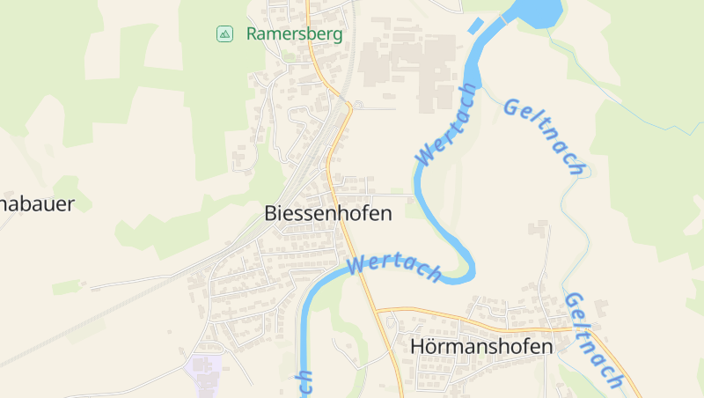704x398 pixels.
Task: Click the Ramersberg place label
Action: [294, 34]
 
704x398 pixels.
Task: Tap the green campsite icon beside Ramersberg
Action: [224, 34]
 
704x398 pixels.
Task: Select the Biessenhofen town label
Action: [327, 213]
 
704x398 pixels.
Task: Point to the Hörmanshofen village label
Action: [481, 347]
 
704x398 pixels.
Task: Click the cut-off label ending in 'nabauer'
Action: [35, 204]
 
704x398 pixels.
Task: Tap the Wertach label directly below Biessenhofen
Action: [393, 268]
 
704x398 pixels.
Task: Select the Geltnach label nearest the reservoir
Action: [545, 136]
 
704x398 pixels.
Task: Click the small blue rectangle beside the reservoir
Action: [476, 26]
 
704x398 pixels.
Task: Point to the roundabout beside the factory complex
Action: [358, 106]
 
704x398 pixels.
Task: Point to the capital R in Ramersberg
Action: [252, 34]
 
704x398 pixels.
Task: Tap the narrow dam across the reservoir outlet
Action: [505, 18]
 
